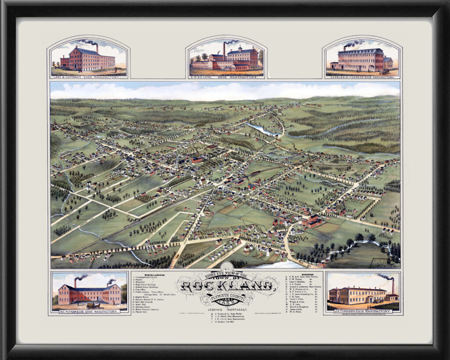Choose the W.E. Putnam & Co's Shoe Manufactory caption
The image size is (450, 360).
pyautogui.click(x=90, y=311)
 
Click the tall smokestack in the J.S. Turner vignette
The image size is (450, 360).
pyautogui.click(x=393, y=287)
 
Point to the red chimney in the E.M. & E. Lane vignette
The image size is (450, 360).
pyautogui.click(x=224, y=51)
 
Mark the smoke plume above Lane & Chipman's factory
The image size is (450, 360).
pyautogui.click(x=89, y=42)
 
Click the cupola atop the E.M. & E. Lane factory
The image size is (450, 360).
pyautogui.click(x=240, y=47)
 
